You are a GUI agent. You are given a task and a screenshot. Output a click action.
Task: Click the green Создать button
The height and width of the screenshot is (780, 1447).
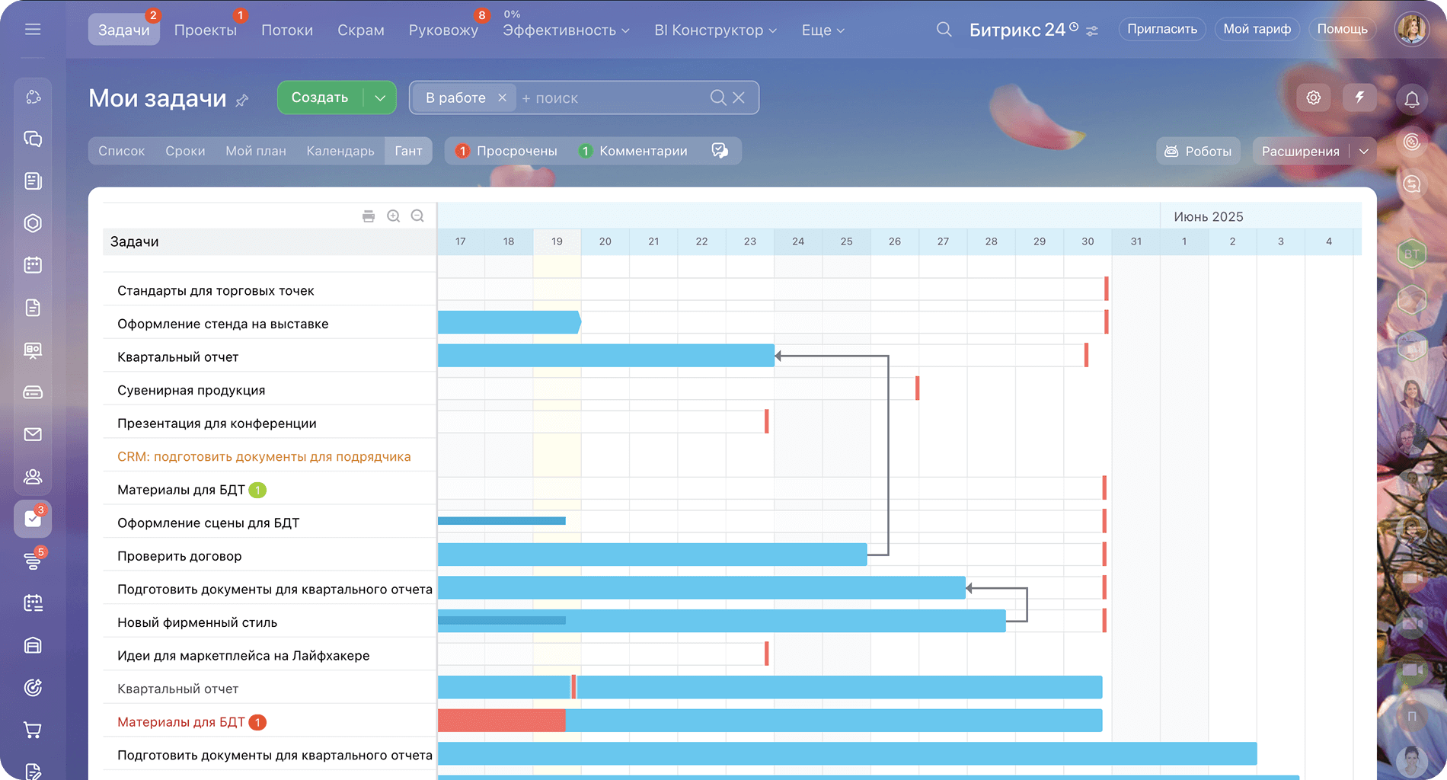tap(320, 97)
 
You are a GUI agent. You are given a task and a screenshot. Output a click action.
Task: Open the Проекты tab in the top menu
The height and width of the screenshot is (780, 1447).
tap(205, 30)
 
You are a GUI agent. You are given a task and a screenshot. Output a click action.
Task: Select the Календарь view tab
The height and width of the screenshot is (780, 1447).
tap(340, 151)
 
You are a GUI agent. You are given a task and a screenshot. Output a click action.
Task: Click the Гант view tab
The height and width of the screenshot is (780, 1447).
tap(408, 151)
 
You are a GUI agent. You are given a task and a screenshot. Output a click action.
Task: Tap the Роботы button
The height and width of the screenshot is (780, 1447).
tap(1198, 151)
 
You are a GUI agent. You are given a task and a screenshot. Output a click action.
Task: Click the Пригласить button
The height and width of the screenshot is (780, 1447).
tap(1161, 29)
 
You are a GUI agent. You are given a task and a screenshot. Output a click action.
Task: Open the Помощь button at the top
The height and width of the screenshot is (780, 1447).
tap(1342, 29)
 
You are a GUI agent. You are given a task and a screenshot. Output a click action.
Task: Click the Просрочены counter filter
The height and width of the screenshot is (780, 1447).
tap(507, 151)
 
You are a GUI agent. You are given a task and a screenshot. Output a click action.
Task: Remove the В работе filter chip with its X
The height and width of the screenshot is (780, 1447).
tap(502, 97)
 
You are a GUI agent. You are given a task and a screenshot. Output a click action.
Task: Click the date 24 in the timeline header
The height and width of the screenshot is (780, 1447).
tap(798, 241)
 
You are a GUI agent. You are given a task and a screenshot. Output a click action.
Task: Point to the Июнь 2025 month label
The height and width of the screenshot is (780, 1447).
tap(1208, 217)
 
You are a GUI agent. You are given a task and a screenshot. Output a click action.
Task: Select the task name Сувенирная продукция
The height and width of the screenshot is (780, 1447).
tap(191, 390)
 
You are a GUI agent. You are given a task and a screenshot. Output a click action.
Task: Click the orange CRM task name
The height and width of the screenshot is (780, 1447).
tap(264, 456)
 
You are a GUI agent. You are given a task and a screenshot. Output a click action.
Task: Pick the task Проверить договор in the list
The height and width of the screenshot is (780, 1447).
tap(179, 556)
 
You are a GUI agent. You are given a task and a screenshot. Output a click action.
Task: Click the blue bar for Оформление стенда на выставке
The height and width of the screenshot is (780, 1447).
tap(508, 322)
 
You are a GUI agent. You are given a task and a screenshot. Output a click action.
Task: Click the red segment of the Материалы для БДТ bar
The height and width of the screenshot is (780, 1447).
tap(501, 721)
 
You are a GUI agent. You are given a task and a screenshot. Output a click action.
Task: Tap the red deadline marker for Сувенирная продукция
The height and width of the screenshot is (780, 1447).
tap(917, 388)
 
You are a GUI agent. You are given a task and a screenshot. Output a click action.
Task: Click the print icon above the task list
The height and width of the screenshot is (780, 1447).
tap(369, 216)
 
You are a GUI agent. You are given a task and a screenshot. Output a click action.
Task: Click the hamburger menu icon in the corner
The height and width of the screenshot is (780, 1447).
tap(33, 29)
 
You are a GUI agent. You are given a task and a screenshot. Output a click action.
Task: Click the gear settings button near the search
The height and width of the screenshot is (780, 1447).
tap(1313, 97)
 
